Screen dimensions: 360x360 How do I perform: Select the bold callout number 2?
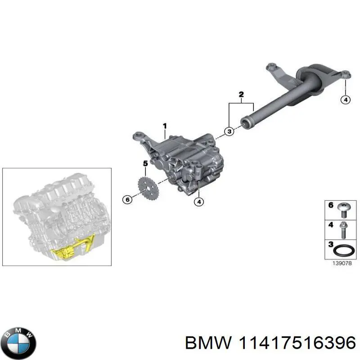[x=241, y=94]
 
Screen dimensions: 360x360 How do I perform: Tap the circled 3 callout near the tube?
[x=229, y=131]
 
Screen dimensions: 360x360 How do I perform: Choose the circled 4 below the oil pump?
[x=198, y=202]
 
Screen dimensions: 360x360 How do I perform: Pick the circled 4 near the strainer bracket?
[x=345, y=99]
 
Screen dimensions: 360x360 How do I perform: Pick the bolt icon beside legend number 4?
[x=343, y=229]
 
